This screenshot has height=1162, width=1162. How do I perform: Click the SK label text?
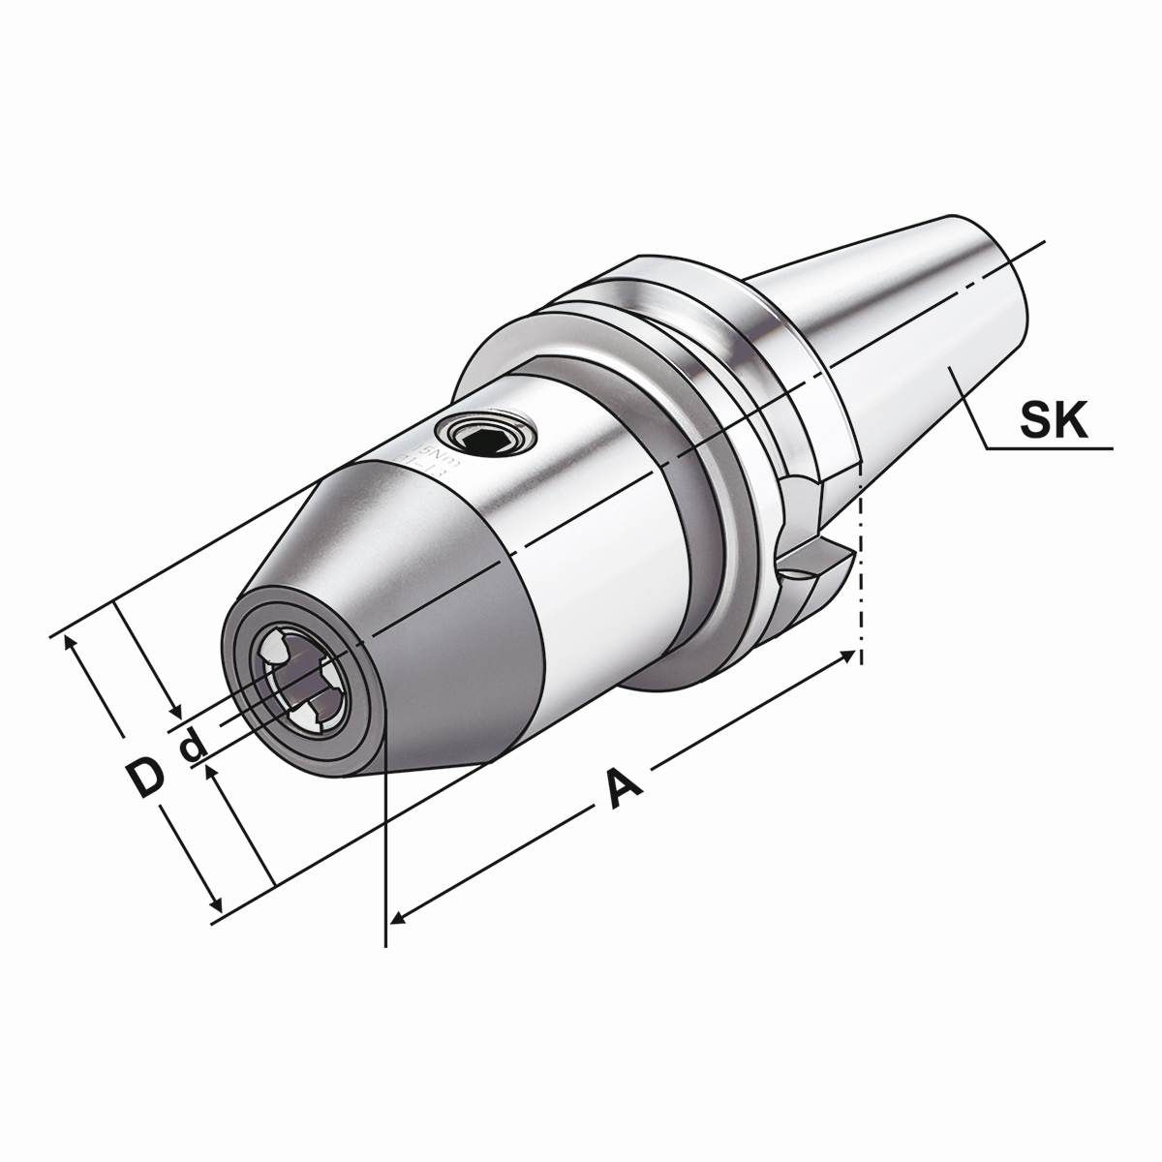(x=1055, y=422)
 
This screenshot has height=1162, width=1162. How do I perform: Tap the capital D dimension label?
(x=145, y=778)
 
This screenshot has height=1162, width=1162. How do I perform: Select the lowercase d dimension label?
(x=193, y=744)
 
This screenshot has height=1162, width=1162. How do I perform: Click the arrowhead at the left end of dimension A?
(x=397, y=914)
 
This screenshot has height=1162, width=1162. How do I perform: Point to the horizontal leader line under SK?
(x=1051, y=448)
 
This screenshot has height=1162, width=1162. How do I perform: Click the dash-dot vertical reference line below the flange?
(x=860, y=581)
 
